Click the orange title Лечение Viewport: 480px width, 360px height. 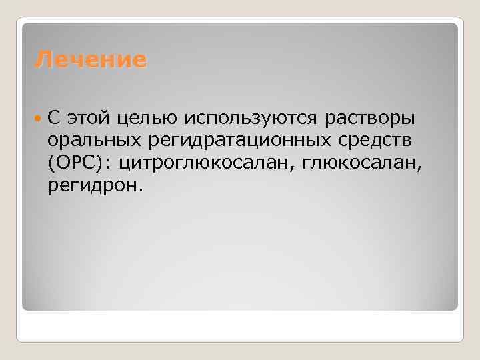(x=91, y=61)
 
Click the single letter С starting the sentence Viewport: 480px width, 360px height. (x=53, y=119)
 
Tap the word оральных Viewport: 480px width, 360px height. (x=94, y=141)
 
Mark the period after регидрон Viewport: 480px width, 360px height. (x=140, y=190)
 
